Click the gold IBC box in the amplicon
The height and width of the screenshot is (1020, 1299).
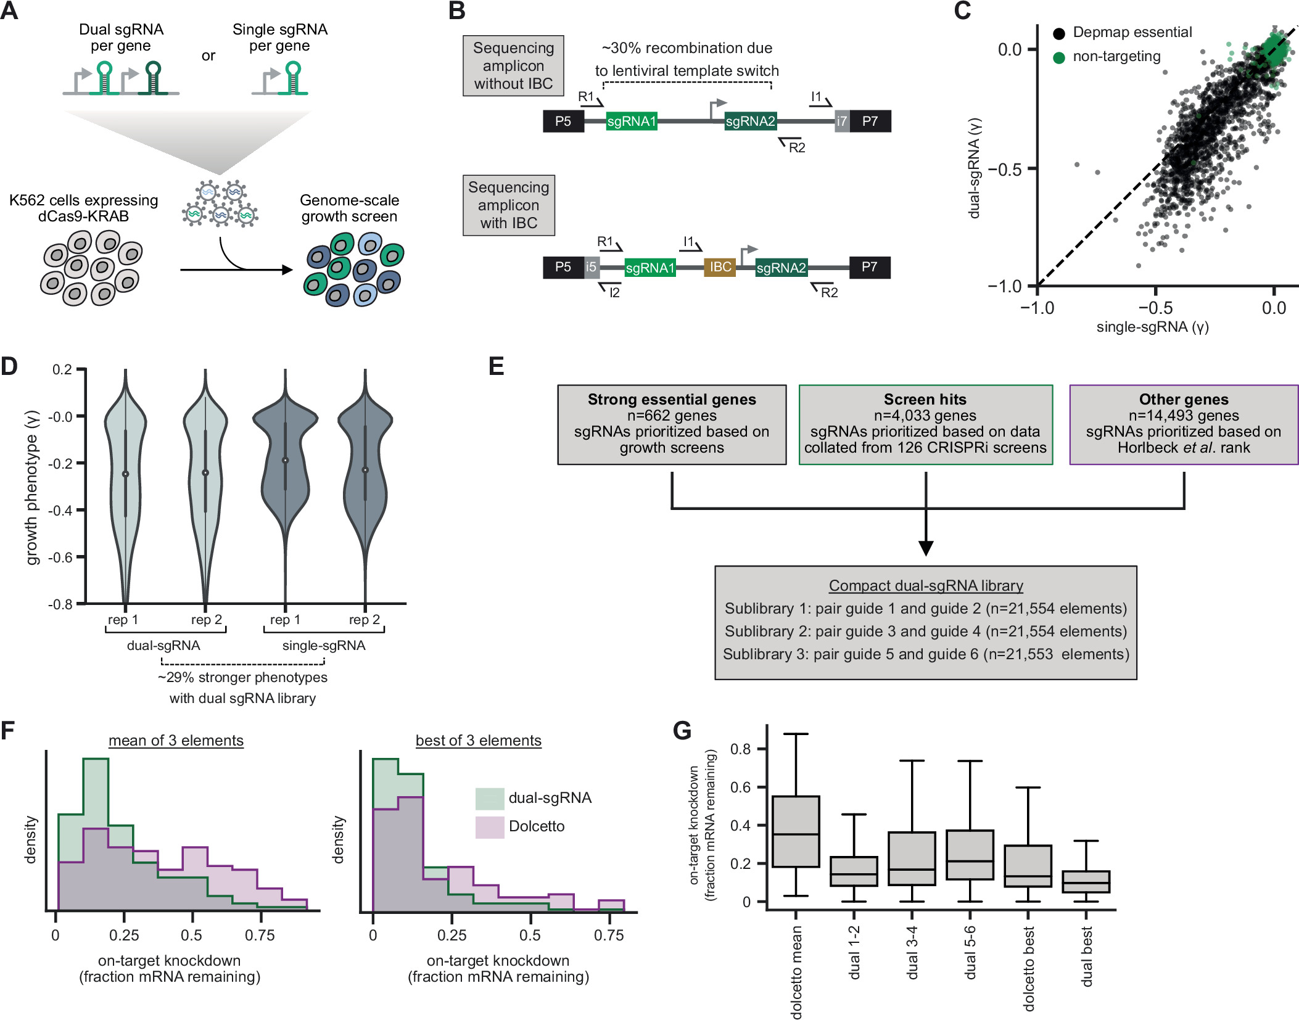[x=720, y=267]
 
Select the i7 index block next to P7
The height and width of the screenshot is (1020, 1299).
[x=841, y=121]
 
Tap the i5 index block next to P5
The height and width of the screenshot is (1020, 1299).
[x=591, y=267]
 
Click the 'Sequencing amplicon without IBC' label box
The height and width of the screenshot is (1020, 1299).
[x=513, y=66]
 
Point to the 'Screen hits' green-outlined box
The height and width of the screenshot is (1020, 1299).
[x=925, y=424]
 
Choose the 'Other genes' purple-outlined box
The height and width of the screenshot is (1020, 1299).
[x=1183, y=424]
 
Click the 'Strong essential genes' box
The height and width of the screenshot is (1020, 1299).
[x=672, y=424]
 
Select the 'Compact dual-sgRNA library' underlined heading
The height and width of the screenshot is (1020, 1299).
[x=925, y=585]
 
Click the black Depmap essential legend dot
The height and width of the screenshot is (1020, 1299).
[x=1059, y=33]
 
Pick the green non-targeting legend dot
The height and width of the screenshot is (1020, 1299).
[x=1059, y=57]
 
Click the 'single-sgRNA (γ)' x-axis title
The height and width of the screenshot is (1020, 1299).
[x=1152, y=327]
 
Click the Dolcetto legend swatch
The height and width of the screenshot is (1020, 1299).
[x=490, y=826]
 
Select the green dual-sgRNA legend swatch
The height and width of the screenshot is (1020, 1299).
[x=490, y=798]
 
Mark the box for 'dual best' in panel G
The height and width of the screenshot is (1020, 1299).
[x=1086, y=881]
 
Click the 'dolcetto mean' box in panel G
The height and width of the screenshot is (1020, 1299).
[x=796, y=831]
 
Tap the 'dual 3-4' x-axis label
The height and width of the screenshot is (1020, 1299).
[x=912, y=952]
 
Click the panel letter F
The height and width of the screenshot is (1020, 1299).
[x=8, y=730]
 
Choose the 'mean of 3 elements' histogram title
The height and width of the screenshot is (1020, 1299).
[x=176, y=740]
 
